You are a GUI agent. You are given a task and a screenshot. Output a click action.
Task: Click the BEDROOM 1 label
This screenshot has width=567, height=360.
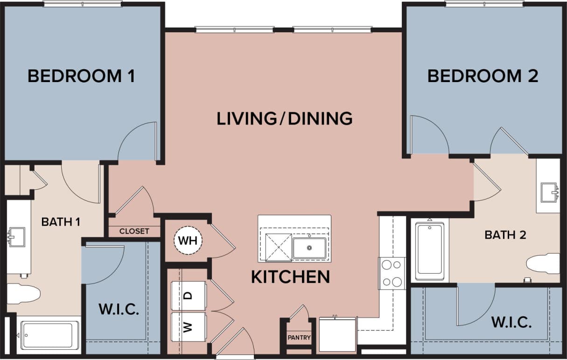[x=82, y=76]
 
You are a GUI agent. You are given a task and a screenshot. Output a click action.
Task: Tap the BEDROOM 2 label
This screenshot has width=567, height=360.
[x=483, y=76]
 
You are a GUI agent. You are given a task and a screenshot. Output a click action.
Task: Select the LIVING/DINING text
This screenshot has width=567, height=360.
[x=284, y=118]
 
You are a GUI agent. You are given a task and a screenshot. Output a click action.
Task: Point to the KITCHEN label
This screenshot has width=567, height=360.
[x=290, y=277]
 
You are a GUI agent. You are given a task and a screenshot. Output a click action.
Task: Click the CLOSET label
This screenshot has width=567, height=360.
[x=134, y=231]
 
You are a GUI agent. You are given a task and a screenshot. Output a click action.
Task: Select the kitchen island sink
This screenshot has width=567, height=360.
[x=309, y=247]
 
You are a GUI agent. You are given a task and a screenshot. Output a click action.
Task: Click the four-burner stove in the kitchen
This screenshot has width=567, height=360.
[x=392, y=273]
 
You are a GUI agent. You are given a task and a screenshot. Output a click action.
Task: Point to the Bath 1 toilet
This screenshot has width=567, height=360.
[x=22, y=293]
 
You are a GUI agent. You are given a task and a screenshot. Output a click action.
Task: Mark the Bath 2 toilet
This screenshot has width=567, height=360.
[x=544, y=263]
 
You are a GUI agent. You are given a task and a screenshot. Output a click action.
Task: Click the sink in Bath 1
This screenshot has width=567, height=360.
[x=16, y=237]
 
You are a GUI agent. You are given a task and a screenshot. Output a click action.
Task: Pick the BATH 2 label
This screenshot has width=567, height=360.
[x=505, y=235]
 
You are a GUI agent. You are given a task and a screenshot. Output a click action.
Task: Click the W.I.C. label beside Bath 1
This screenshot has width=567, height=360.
[x=119, y=310]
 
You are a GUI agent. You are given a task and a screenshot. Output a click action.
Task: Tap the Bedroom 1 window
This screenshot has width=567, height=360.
[x=83, y=4]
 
